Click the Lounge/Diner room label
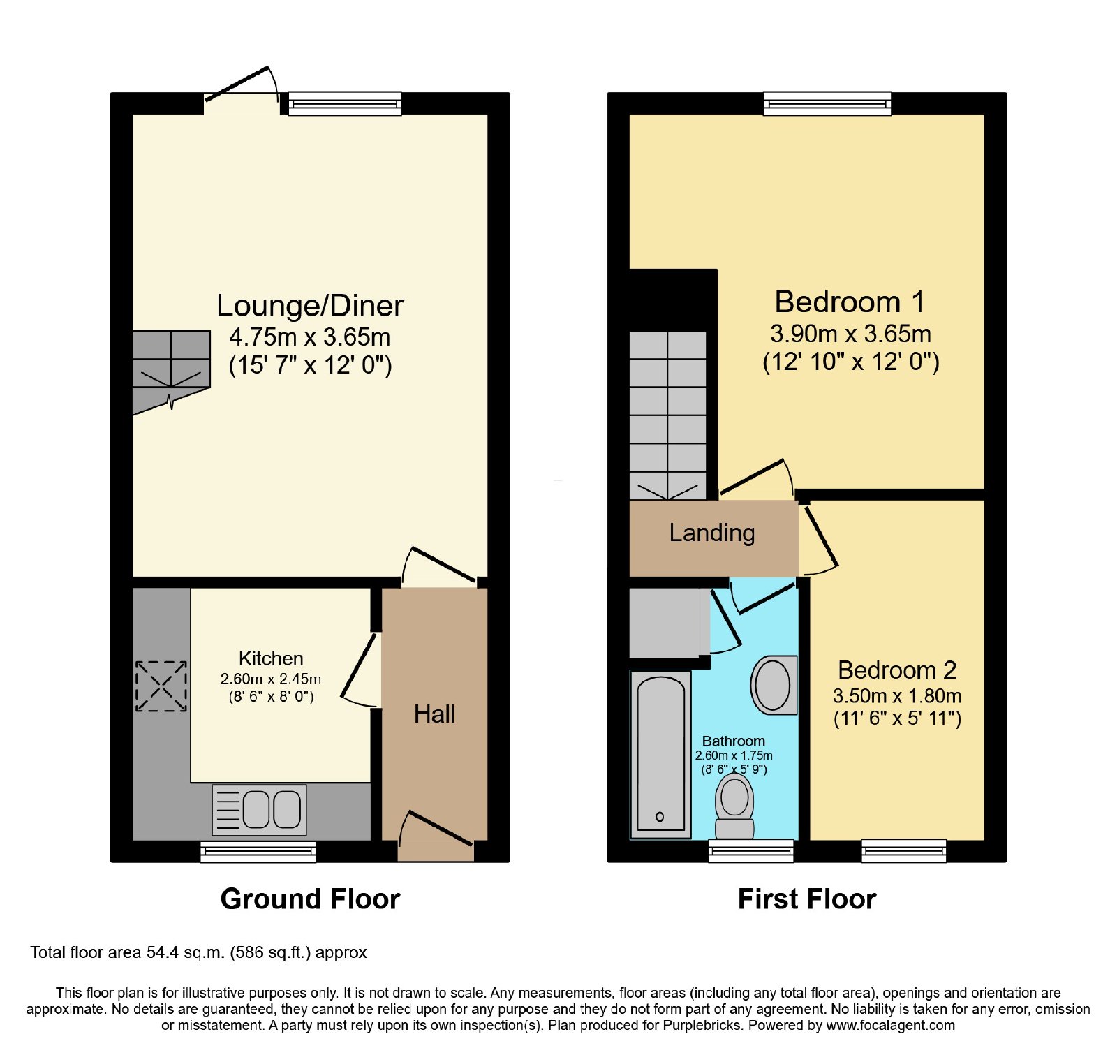[x=310, y=306]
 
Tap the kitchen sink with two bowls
[x=259, y=810]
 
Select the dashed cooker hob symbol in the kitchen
[x=161, y=686]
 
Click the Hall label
[x=434, y=714]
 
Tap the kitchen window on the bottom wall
[x=258, y=852]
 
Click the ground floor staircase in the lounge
[x=171, y=370]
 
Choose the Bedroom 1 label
[x=850, y=302]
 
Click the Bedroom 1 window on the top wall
[x=827, y=103]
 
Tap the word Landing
[x=712, y=533]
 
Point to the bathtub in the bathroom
[x=660, y=755]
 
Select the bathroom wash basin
[x=774, y=685]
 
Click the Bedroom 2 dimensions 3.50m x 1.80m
[x=897, y=696]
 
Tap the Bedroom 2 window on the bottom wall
[x=904, y=851]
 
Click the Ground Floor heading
[x=310, y=899]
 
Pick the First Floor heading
[x=807, y=899]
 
